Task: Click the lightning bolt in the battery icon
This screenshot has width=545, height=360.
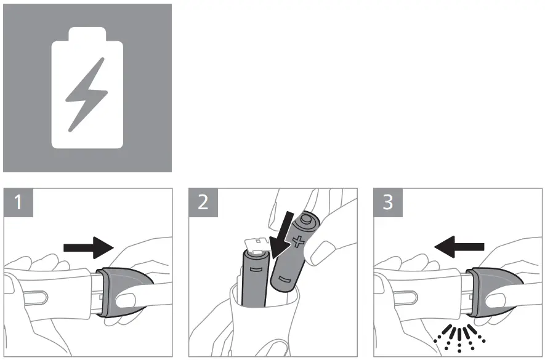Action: tap(87, 95)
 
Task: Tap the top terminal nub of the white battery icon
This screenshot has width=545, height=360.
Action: tap(87, 34)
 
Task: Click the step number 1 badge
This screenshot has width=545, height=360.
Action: tap(18, 202)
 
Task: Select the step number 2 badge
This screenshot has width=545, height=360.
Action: tap(203, 202)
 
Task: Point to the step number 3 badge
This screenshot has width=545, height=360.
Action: tap(388, 202)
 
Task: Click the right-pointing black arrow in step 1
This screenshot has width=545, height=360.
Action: tap(89, 247)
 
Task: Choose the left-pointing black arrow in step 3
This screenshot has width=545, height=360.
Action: tap(459, 247)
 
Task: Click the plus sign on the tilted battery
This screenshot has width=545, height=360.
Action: tap(298, 241)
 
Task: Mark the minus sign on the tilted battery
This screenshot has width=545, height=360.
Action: tap(284, 280)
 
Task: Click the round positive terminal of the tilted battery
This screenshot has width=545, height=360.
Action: tap(306, 219)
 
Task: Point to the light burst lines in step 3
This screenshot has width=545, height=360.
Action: tap(459, 338)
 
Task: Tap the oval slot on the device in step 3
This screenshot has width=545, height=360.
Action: tap(406, 297)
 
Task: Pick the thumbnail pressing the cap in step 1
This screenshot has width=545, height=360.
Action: tap(126, 300)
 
